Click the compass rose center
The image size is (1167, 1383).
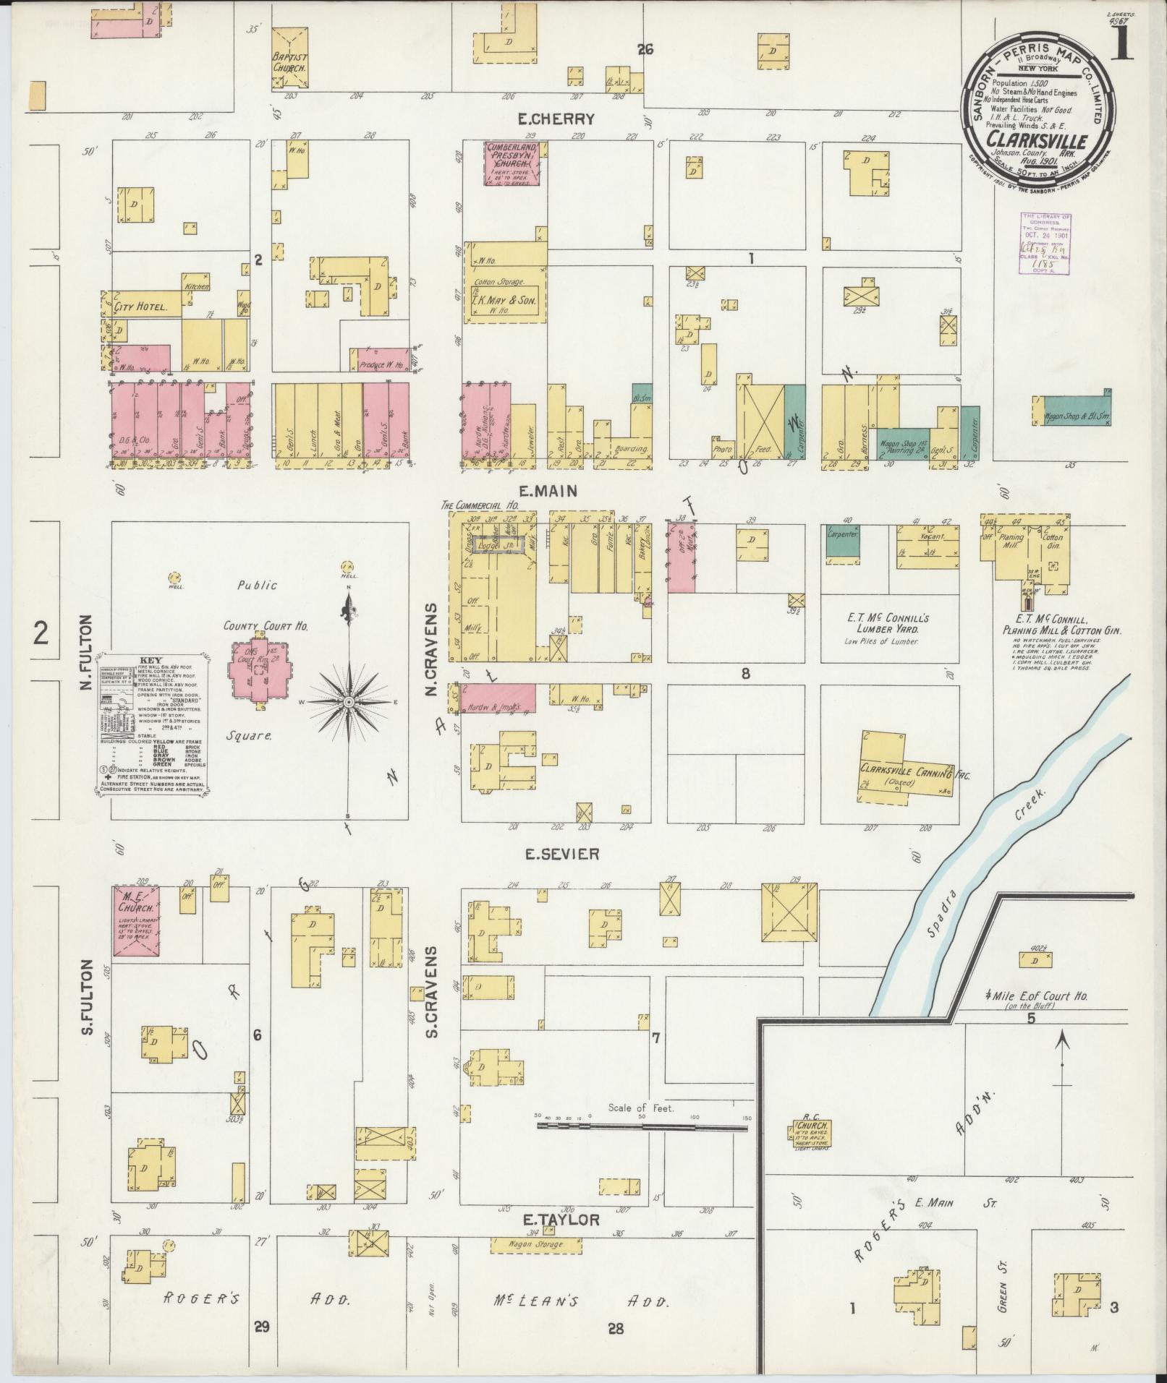coord(349,703)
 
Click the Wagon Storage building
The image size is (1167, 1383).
coord(537,1245)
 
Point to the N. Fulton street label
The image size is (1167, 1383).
coord(87,651)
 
